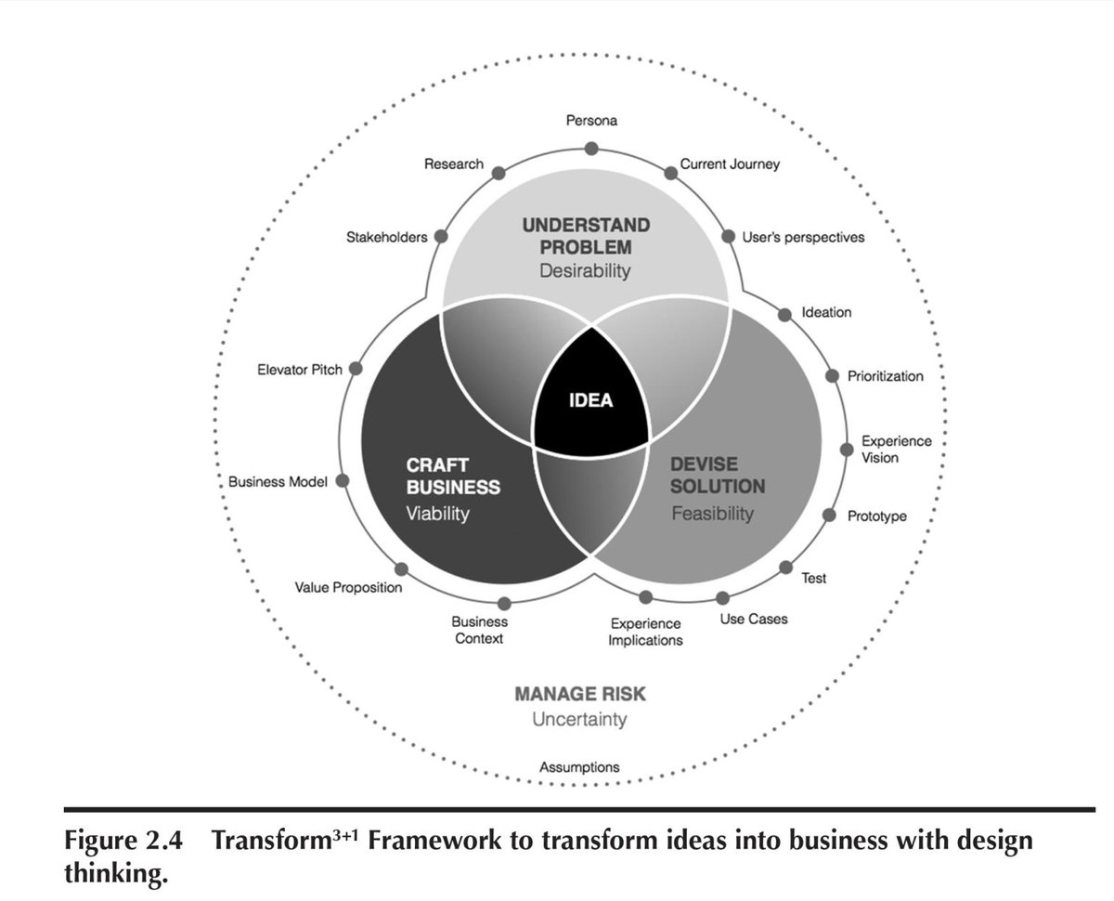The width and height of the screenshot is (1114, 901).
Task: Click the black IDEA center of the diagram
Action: (591, 402)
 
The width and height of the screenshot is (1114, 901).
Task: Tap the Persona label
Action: (591, 121)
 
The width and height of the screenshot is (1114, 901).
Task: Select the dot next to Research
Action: (499, 173)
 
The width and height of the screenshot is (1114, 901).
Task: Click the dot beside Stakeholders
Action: (442, 236)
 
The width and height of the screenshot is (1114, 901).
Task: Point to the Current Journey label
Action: (730, 164)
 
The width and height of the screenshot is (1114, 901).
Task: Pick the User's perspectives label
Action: (803, 237)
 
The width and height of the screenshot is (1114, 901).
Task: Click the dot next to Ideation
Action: (784, 315)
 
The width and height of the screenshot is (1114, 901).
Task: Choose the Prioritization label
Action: (885, 376)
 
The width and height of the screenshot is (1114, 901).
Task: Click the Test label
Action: (813, 579)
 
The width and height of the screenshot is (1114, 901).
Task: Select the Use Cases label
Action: (754, 619)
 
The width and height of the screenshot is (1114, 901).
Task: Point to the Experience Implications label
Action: (645, 632)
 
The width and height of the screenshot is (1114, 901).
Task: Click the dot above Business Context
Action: (504, 604)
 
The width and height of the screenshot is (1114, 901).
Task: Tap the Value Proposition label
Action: (348, 587)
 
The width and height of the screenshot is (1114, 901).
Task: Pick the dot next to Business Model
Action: (342, 481)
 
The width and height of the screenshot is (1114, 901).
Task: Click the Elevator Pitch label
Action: (299, 370)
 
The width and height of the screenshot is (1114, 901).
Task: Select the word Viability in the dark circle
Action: (437, 513)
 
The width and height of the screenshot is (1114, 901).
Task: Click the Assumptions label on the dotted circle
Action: (579, 767)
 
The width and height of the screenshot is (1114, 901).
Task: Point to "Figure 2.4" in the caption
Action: (123, 841)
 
